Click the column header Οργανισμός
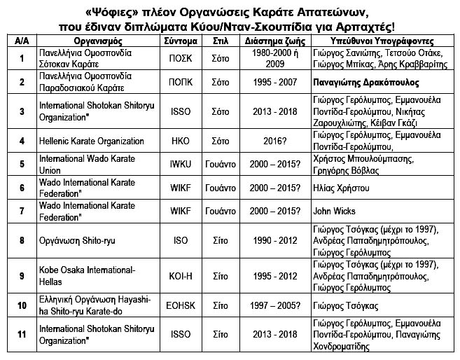click(x=88, y=41)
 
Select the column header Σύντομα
click(x=181, y=41)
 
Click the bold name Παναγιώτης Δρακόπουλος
click(x=367, y=83)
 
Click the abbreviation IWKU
click(x=181, y=164)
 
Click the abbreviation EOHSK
click(x=181, y=306)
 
